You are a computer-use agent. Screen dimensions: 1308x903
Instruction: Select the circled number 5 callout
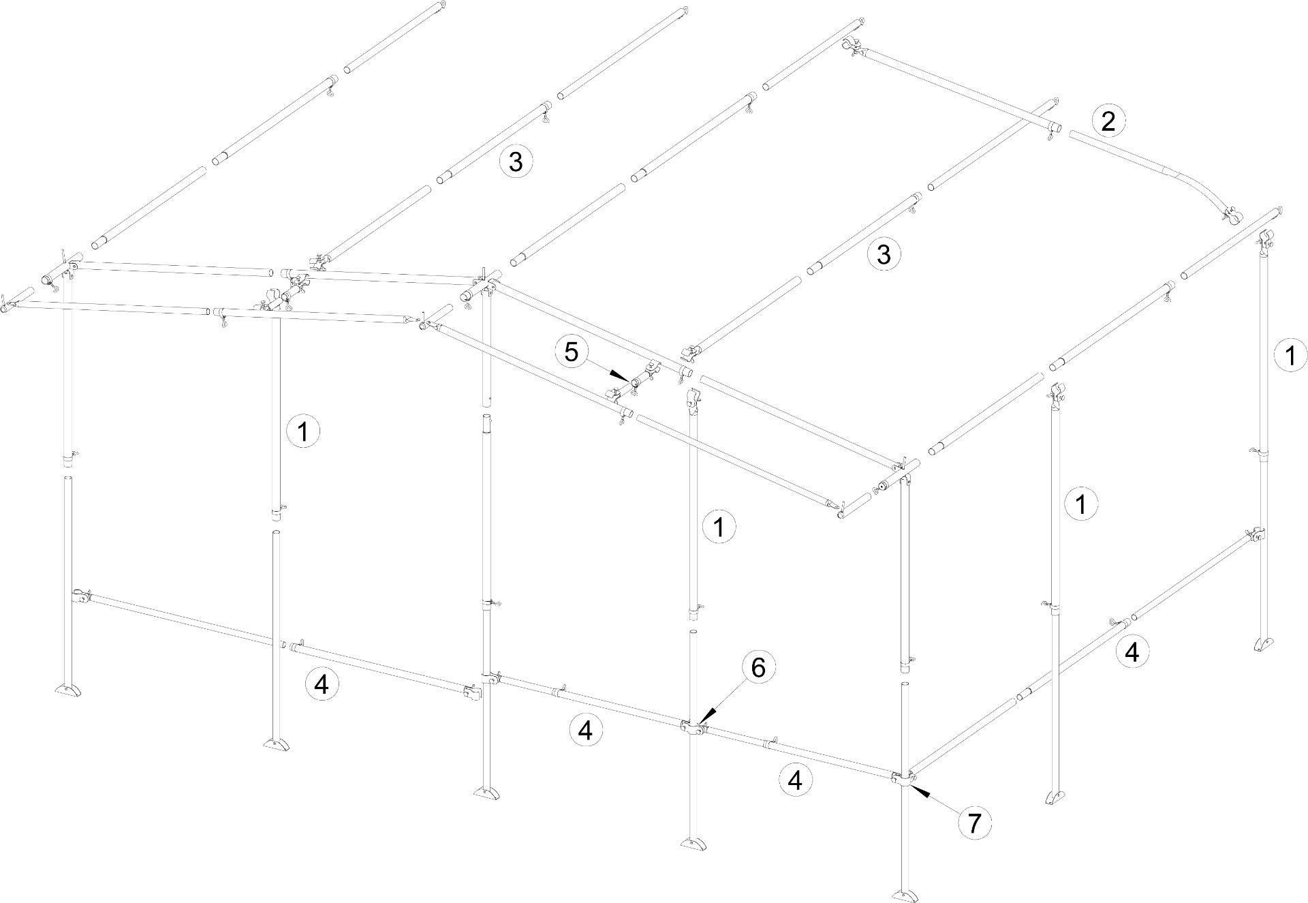[x=572, y=352]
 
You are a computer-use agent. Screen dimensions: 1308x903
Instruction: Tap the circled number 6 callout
[x=758, y=669]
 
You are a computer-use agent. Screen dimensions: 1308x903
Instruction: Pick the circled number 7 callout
[x=974, y=824]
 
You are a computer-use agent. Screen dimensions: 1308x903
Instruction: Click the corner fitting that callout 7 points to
[x=905, y=778]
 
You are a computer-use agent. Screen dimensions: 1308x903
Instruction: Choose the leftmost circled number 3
[x=516, y=162]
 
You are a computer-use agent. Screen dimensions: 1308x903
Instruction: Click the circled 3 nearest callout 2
[x=884, y=254]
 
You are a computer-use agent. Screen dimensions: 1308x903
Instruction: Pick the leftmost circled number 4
[x=322, y=684]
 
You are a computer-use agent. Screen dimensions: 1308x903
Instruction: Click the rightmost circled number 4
[x=1132, y=652]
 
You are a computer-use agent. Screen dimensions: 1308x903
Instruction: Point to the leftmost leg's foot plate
[x=72, y=690]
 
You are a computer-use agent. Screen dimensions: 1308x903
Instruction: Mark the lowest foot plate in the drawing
[x=905, y=893]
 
